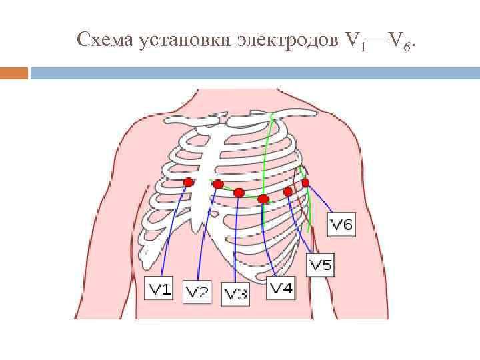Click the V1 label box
tap(160, 288)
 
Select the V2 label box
tap(197, 291)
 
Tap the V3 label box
tap(235, 293)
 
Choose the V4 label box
tap(281, 288)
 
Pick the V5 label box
tap(320, 265)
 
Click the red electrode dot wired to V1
tap(189, 182)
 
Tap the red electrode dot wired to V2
tap(218, 184)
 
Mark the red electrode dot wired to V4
tap(263, 199)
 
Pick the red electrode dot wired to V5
tap(288, 191)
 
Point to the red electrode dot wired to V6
tap(305, 182)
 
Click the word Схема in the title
tap(106, 41)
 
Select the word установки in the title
tap(184, 42)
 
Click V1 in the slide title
tap(356, 42)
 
